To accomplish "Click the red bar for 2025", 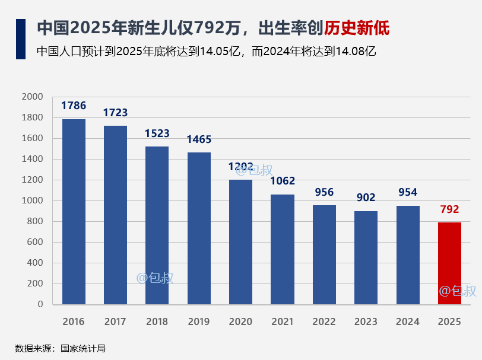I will tap(449, 263).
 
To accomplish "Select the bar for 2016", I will tap(74, 212).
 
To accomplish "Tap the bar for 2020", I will tap(240, 242).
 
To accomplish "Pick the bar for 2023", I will tap(366, 257).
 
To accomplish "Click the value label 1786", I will tap(74, 106).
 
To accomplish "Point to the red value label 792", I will tap(449, 209).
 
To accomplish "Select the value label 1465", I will tap(199, 140).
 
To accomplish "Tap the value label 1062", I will tap(283, 181).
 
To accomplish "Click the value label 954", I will tap(407, 192).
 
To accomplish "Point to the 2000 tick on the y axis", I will tap(33, 97).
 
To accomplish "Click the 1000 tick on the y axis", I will tap(33, 200).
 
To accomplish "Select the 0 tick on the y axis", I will tap(40, 304).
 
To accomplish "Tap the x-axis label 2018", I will tap(157, 322).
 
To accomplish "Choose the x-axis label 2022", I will tap(324, 322).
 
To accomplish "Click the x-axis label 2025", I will tap(449, 322).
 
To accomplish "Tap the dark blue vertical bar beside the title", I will tap(21, 39).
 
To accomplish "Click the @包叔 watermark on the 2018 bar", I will tap(155, 278).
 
